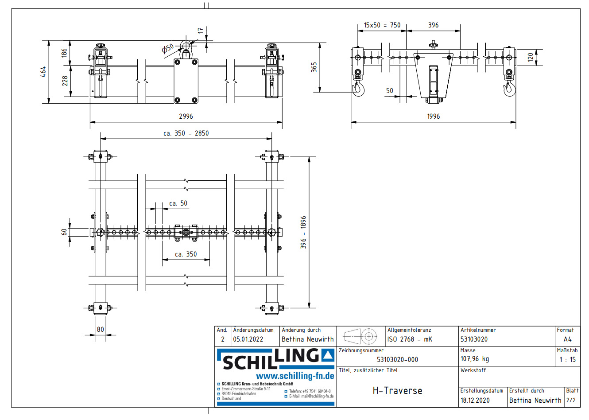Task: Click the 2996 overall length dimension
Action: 186,116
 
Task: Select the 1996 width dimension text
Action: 433,116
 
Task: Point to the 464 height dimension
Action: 43,72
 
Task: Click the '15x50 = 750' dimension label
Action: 382,25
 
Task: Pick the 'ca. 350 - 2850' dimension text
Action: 186,133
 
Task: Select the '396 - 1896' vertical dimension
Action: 303,232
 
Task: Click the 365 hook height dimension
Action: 314,67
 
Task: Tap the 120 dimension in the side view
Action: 531,58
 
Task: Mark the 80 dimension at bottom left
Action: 101,329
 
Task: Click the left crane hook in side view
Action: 358,88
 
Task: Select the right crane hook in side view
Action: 509,88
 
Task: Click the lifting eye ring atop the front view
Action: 186,46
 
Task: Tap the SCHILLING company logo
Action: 275,359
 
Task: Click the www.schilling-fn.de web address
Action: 295,376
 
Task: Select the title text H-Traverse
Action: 397,391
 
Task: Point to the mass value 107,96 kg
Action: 475,359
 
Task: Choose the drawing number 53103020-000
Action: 397,360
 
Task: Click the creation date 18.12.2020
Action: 475,400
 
